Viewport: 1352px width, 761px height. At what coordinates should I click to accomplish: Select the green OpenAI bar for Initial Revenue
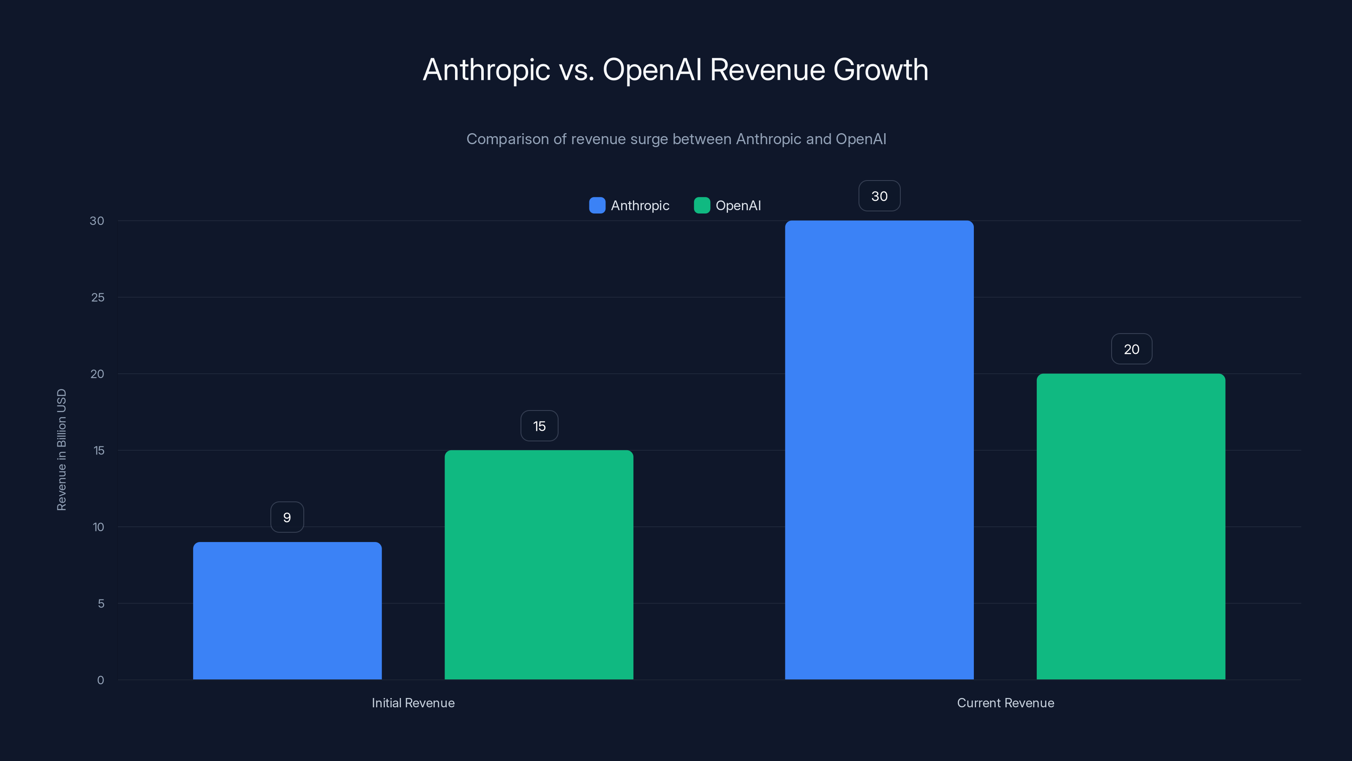[x=539, y=564]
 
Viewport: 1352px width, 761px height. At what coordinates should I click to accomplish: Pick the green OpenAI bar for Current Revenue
[x=1131, y=526]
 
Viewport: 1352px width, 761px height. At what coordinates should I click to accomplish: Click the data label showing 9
[x=287, y=517]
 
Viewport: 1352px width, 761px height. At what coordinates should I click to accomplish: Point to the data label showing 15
[x=539, y=426]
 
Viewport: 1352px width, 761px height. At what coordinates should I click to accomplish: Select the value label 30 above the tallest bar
[x=879, y=196]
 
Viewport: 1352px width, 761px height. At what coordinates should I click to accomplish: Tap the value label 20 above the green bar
[x=1131, y=349]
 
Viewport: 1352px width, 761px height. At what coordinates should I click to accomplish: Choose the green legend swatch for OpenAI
[x=702, y=205]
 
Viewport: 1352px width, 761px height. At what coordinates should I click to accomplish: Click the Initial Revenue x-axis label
[x=413, y=703]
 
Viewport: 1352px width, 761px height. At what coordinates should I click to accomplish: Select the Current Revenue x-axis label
[x=1005, y=703]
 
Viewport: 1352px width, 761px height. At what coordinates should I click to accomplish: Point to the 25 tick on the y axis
[x=98, y=297]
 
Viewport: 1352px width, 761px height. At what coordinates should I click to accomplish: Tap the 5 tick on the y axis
[x=101, y=603]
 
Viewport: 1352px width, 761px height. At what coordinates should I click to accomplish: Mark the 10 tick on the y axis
[x=98, y=527]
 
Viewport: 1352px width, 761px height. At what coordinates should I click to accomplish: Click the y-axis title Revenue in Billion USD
[x=61, y=449]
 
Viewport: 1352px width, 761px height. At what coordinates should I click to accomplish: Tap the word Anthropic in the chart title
[x=487, y=70]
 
